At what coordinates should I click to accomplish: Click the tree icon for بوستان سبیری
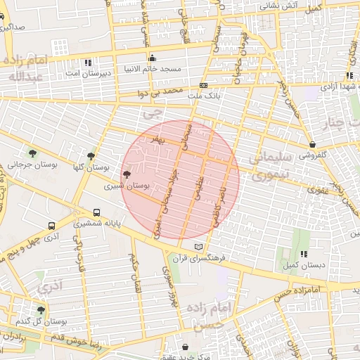click(x=127, y=174)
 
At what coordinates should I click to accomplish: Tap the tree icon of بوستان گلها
click(x=91, y=156)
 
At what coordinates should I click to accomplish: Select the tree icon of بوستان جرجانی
click(x=32, y=153)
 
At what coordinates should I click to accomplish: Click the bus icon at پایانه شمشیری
click(x=96, y=212)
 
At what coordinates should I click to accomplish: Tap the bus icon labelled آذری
click(x=52, y=226)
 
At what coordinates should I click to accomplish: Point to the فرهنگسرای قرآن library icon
click(x=199, y=247)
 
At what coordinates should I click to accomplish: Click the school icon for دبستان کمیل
click(x=304, y=254)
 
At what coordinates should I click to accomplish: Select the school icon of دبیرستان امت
click(x=87, y=62)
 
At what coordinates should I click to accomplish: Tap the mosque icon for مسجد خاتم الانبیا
click(x=151, y=58)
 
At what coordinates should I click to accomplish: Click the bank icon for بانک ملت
click(x=203, y=84)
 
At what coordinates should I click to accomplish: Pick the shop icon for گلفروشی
click(x=311, y=144)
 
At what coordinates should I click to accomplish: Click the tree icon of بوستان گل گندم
click(x=41, y=309)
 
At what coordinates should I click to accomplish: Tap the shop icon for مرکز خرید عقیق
click(x=185, y=347)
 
